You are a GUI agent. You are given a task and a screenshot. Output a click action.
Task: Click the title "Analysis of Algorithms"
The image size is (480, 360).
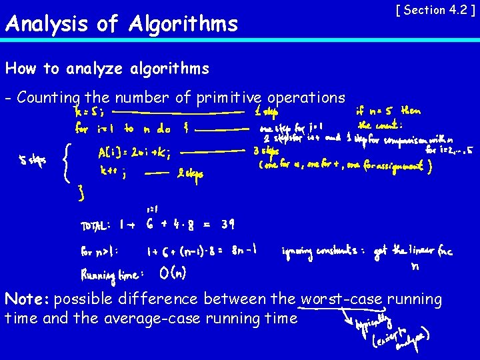click(x=121, y=25)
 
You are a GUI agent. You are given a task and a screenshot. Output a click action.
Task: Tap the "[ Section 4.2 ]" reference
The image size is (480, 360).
click(x=435, y=10)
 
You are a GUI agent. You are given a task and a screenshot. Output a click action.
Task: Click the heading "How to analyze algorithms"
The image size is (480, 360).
click(x=107, y=68)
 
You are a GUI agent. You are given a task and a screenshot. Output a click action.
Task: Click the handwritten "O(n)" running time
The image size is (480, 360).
click(x=174, y=273)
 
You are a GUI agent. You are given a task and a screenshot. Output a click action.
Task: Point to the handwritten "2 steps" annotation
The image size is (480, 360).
click(x=191, y=175)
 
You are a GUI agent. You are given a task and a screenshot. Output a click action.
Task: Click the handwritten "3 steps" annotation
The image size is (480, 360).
click(x=265, y=151)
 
